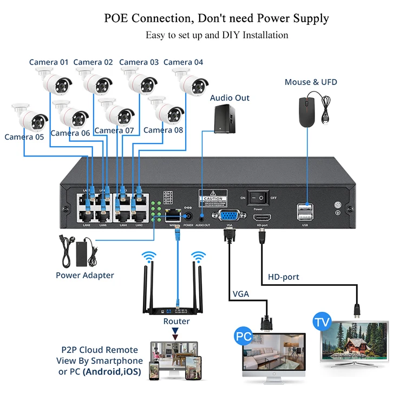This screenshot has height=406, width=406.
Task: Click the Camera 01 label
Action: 49,62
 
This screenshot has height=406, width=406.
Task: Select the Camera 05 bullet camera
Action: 30,116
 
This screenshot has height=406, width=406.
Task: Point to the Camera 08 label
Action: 163,130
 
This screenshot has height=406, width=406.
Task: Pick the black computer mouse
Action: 307,108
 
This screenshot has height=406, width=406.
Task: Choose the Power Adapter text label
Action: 85,275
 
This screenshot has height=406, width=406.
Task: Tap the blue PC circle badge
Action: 244,336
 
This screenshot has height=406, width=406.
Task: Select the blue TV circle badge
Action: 322,322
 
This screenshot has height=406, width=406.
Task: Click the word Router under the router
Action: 176,321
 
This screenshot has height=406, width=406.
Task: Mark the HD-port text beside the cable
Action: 284,277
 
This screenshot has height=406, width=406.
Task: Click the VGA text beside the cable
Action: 241,294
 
